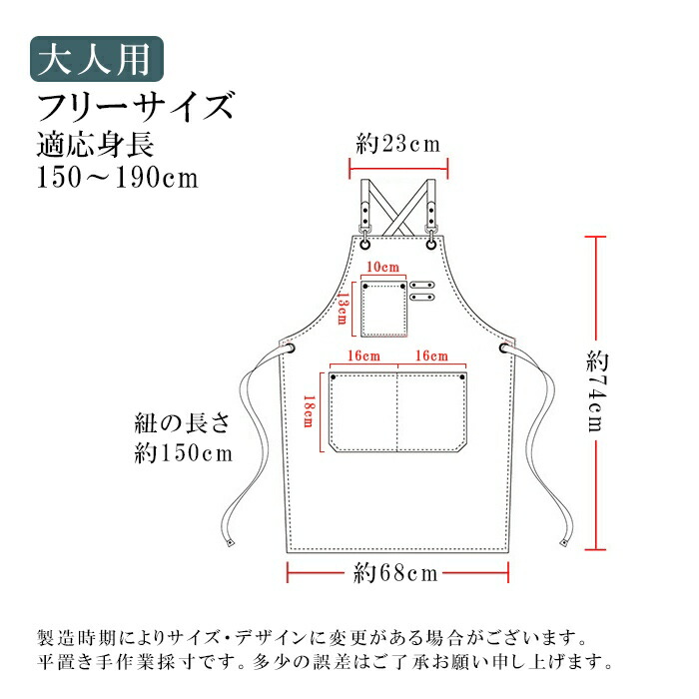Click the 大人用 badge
tap(97, 59)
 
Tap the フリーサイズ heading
tap(136, 106)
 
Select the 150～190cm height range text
tap(118, 178)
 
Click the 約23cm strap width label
tap(398, 145)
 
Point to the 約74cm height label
tap(597, 391)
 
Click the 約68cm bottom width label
tap(395, 573)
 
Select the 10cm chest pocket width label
tap(382, 267)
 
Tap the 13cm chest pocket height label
tap(343, 308)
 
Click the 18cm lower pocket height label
tap(308, 411)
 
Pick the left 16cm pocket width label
tap(363, 355)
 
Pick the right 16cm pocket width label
tap(431, 355)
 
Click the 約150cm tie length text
tap(184, 453)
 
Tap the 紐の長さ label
tap(182, 423)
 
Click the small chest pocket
tap(383, 310)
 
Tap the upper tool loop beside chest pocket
tap(422, 285)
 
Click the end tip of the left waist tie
tap(231, 543)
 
